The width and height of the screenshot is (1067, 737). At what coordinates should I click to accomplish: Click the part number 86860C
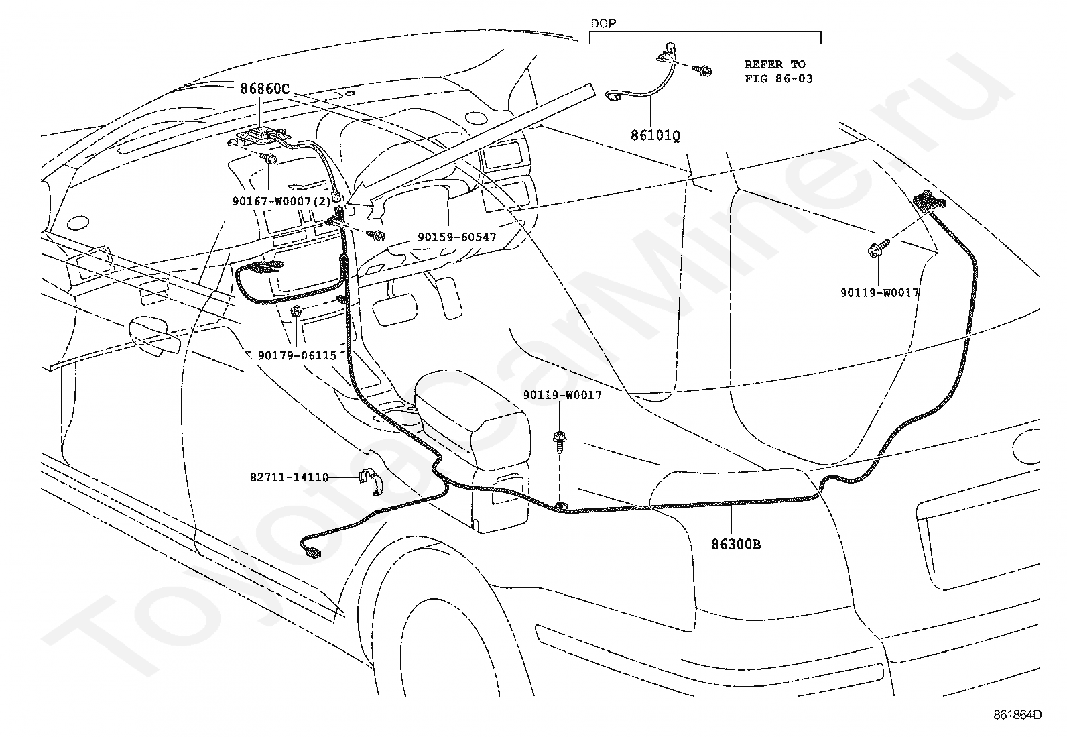click(264, 89)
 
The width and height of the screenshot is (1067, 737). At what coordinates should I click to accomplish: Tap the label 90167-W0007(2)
click(281, 201)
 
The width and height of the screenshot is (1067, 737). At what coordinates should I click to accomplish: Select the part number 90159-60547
click(457, 237)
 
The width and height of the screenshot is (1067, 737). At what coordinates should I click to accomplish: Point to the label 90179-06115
click(297, 355)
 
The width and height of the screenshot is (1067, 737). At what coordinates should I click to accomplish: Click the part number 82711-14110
click(289, 477)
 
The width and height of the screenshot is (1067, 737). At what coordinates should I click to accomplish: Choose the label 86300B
click(736, 545)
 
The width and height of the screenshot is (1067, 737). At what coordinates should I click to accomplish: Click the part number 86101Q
click(655, 136)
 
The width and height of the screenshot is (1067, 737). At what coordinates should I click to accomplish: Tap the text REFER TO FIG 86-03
click(779, 72)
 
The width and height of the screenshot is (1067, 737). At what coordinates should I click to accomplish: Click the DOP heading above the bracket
click(603, 23)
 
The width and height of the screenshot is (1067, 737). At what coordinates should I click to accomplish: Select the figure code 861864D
click(1017, 715)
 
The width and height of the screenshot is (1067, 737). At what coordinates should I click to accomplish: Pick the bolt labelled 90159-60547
click(376, 235)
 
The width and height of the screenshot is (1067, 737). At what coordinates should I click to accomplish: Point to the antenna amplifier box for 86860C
click(262, 136)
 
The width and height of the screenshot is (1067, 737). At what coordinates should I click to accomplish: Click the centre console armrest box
click(473, 449)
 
